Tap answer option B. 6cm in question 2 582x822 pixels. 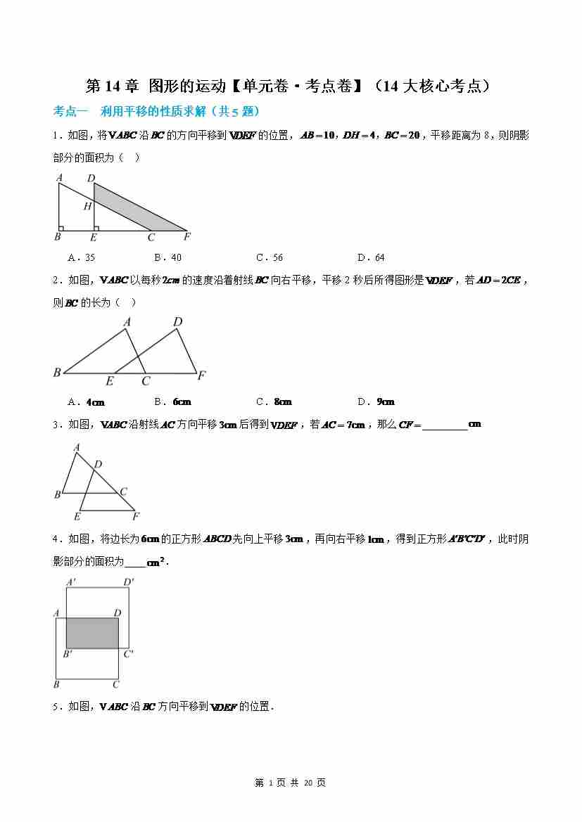click(x=172, y=402)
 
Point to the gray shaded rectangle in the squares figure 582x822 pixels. click(x=92, y=633)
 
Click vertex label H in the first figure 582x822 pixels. click(x=87, y=207)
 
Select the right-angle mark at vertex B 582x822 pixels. click(x=62, y=228)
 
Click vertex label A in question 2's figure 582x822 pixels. click(x=127, y=323)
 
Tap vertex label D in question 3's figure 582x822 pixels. click(x=98, y=464)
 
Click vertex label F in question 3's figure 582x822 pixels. click(x=136, y=516)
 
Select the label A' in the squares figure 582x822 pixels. click(x=70, y=582)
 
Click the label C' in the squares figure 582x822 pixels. click(x=129, y=654)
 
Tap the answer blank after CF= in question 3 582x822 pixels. click(x=444, y=425)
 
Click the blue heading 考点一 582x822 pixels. click(x=70, y=111)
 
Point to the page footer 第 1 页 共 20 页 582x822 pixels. click(x=290, y=783)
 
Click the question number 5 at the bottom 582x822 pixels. click(x=56, y=707)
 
